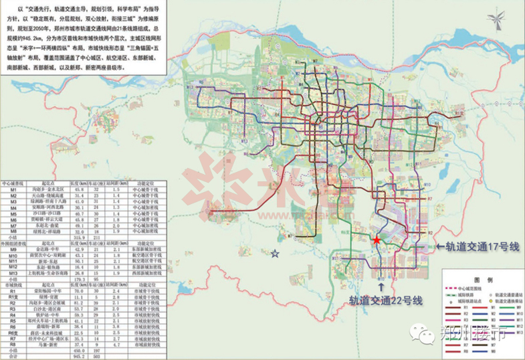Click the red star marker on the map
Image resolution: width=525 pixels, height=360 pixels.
(377, 240)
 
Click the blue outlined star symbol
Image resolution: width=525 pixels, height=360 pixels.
(275, 254)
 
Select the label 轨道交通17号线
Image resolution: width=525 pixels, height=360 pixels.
(478, 248)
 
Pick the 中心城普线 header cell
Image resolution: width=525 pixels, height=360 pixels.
(13, 183)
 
